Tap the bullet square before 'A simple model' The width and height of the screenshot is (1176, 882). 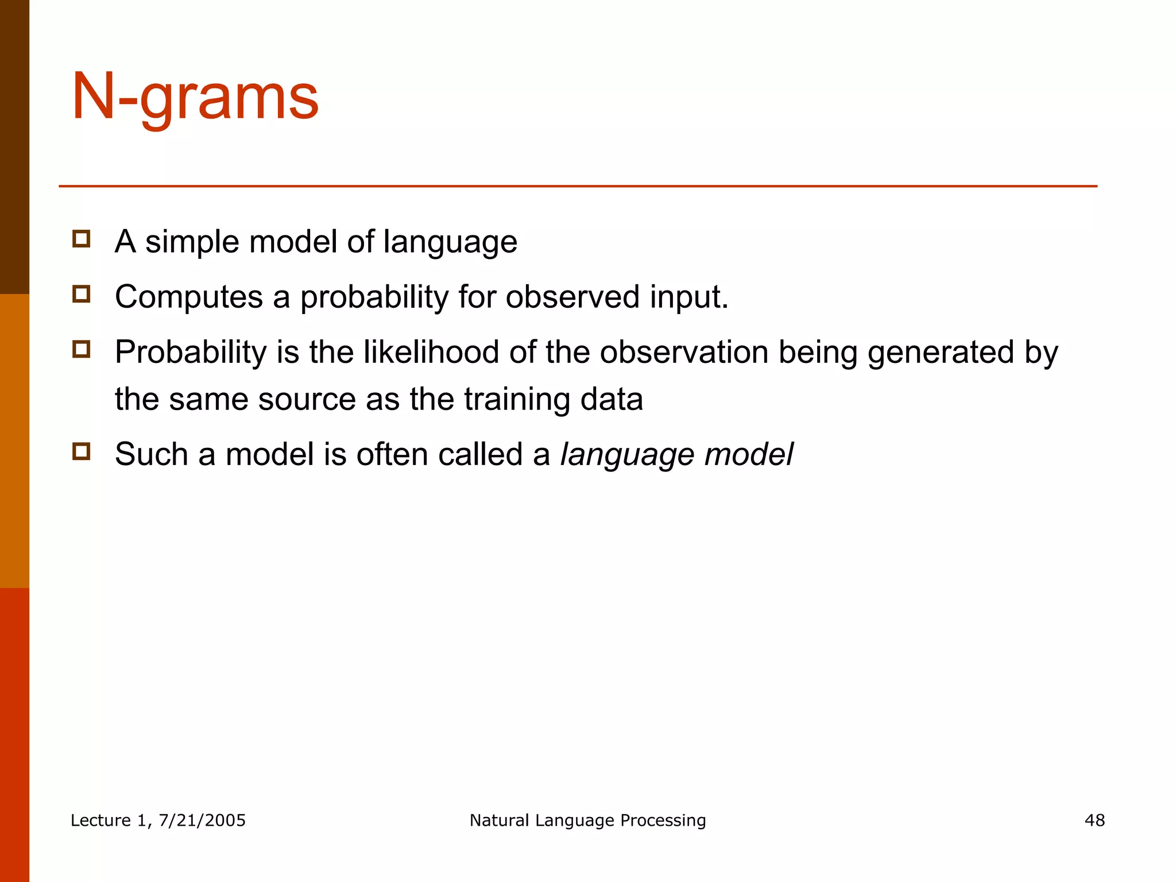click(x=82, y=239)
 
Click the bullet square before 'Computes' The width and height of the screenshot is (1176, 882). click(x=82, y=294)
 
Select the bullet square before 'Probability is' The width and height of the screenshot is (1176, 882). click(x=82, y=349)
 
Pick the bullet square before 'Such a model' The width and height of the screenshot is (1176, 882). click(x=82, y=451)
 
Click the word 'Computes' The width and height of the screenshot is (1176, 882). click(x=188, y=297)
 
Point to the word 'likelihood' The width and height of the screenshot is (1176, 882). click(x=431, y=352)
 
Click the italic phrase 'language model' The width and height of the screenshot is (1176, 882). click(x=676, y=455)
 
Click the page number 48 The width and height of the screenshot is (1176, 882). click(x=1094, y=820)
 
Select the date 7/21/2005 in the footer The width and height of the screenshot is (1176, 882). click(x=202, y=820)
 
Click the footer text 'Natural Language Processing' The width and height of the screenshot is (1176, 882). click(x=587, y=820)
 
